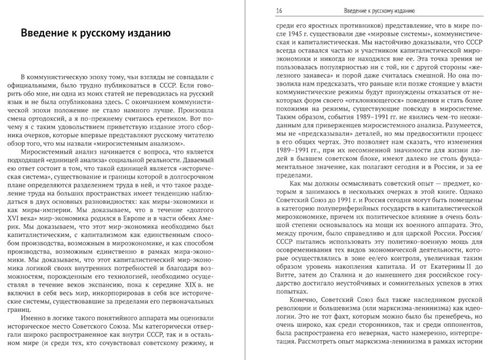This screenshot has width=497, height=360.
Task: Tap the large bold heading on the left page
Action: point(96,34)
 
